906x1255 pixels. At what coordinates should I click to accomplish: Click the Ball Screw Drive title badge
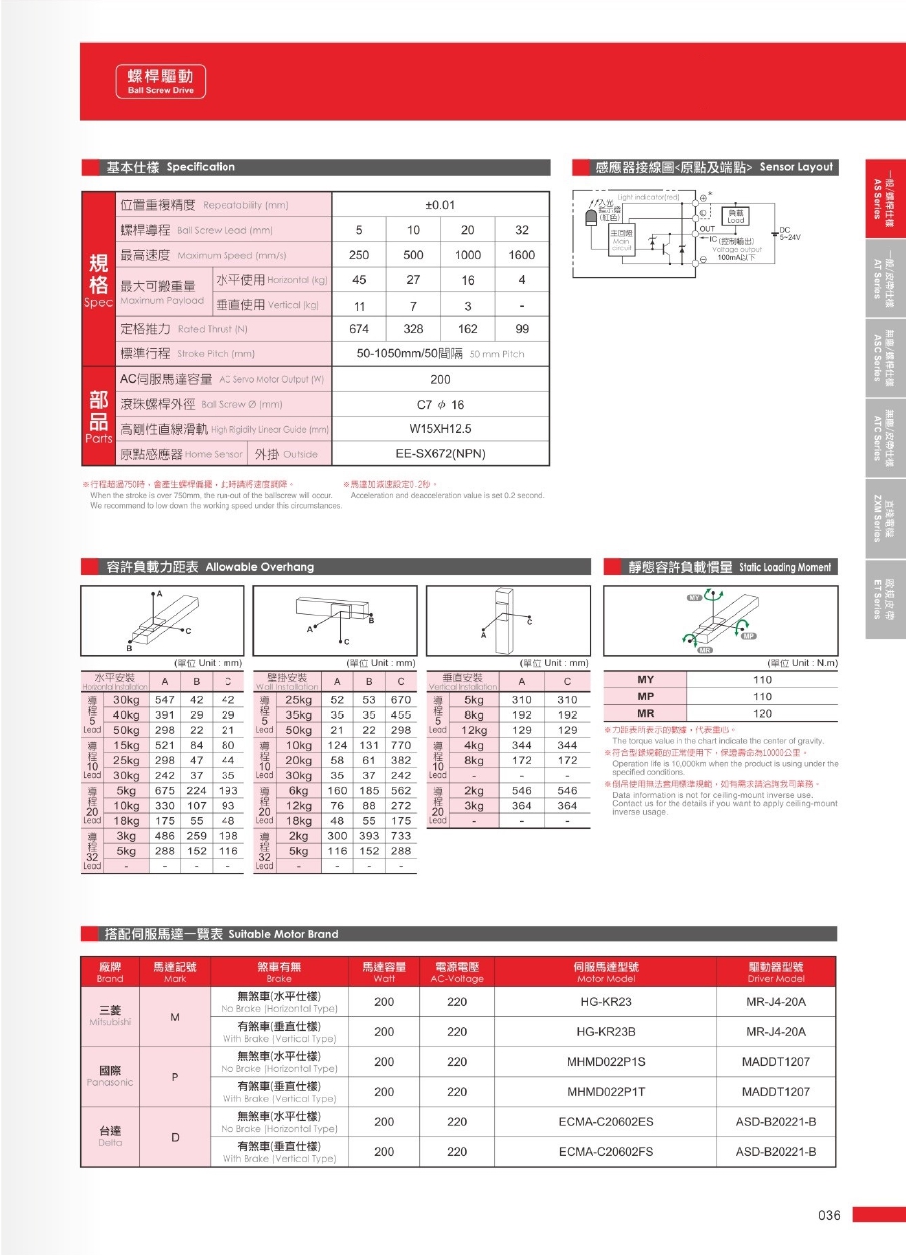point(160,81)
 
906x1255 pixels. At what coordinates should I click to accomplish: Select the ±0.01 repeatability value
point(440,204)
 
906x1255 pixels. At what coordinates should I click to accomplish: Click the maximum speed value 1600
point(521,255)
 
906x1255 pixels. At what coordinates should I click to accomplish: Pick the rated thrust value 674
point(359,329)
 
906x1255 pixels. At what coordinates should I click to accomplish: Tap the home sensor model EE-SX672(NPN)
point(440,454)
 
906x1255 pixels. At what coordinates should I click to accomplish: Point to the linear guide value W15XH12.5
point(440,429)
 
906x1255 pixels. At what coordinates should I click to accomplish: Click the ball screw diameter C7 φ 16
point(440,405)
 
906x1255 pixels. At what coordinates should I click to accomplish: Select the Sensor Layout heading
point(713,167)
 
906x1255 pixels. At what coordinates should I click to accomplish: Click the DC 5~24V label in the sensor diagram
point(789,234)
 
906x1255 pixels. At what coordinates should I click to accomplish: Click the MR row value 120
point(763,714)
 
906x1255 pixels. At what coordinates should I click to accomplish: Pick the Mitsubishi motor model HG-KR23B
point(605,1032)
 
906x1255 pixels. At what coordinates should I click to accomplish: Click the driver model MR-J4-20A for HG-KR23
point(775,1002)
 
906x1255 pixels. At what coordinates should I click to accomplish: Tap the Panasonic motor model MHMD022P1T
point(606,1092)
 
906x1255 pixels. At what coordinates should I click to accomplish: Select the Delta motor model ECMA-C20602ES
point(606,1122)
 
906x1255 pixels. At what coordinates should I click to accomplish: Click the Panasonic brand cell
point(110,1076)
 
